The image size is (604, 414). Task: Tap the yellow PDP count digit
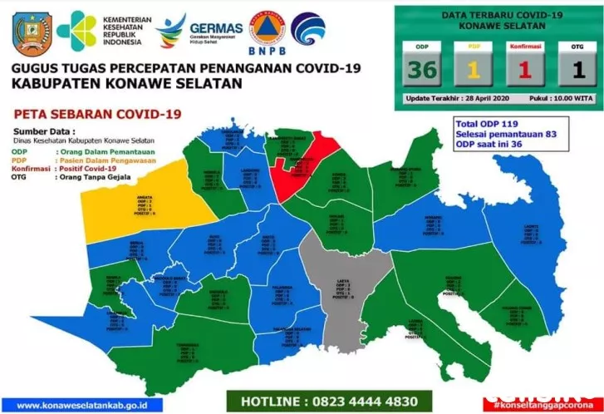click(x=471, y=70)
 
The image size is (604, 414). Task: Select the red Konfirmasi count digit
click(x=523, y=70)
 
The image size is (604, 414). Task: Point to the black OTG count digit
click(x=573, y=70)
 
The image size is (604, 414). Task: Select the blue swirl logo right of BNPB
click(x=308, y=28)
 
